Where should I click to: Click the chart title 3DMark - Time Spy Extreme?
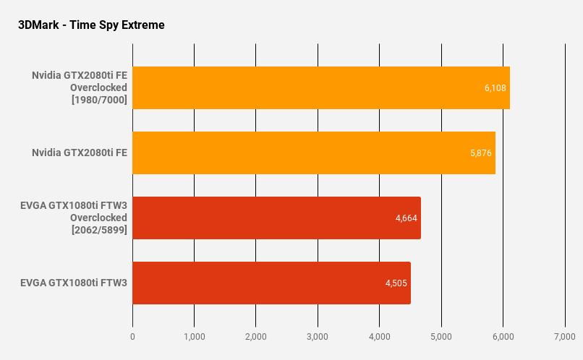click(91, 25)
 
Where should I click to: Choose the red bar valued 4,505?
click(271, 283)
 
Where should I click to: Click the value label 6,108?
click(495, 88)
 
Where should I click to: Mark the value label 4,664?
click(407, 218)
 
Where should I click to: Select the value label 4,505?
click(396, 283)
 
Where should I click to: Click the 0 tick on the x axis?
click(132, 337)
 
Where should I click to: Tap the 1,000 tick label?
click(195, 337)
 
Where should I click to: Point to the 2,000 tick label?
click(256, 337)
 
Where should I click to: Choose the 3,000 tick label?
click(318, 337)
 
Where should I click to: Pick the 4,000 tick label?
click(380, 337)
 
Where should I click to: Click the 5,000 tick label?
click(441, 337)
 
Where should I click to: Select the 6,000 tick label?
click(503, 337)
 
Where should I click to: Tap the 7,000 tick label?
click(565, 337)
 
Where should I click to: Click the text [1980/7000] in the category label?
click(99, 100)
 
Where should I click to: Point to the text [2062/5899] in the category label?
click(99, 230)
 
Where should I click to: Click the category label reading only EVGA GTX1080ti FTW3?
click(74, 283)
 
